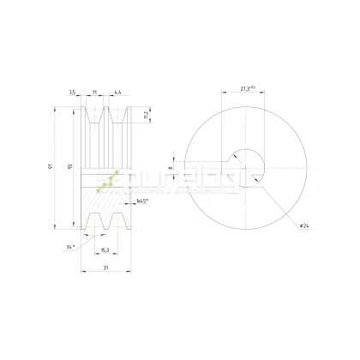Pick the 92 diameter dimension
(x=69, y=167)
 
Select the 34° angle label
(x=69, y=247)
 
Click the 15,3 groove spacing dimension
(x=105, y=250)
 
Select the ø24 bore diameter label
(x=304, y=225)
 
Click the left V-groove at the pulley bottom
(x=93, y=224)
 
